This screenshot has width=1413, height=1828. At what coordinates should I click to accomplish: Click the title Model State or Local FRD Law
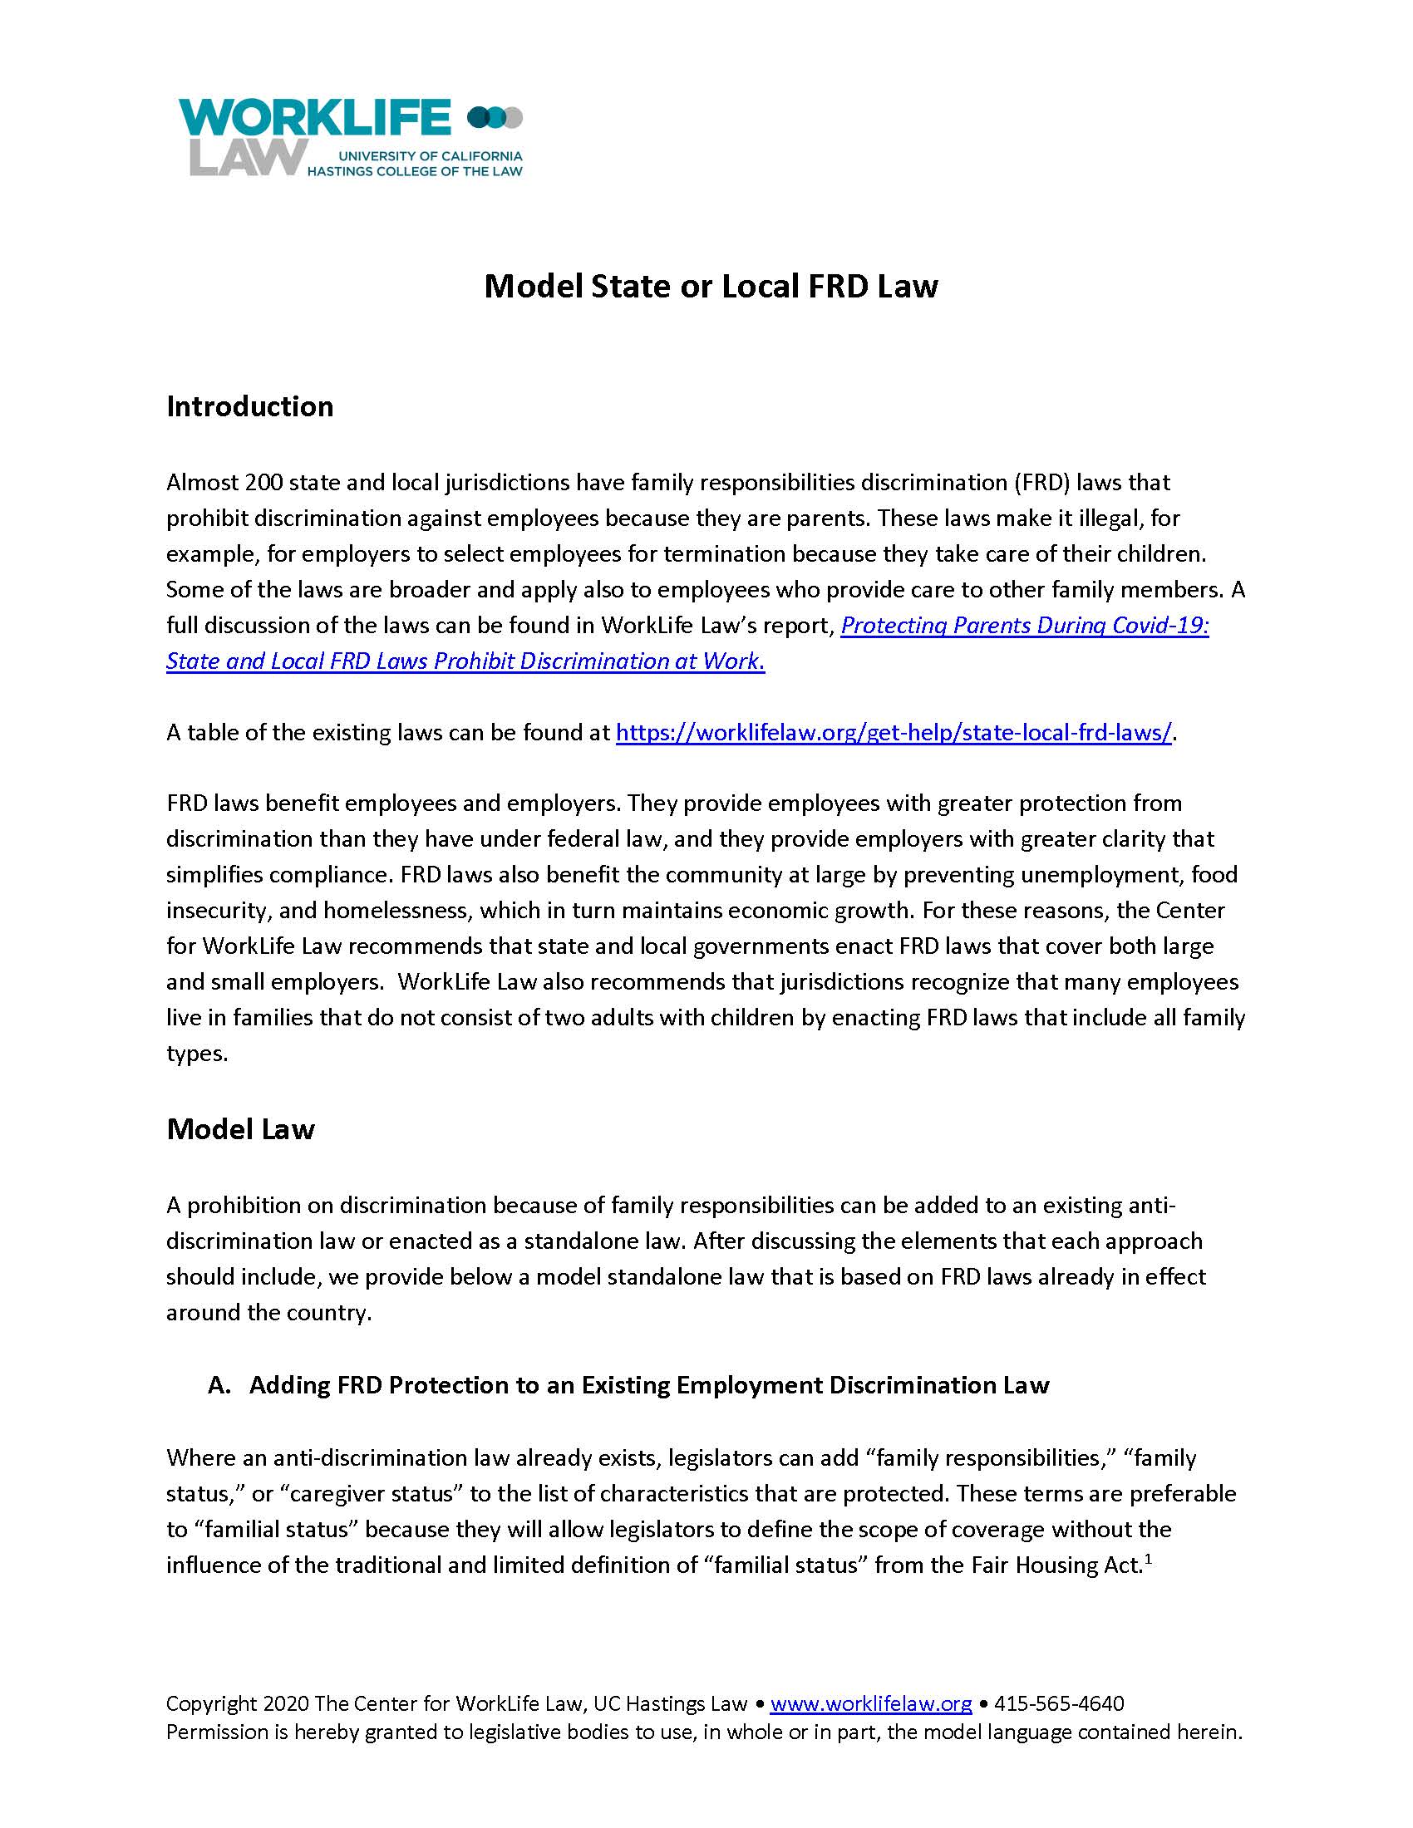(x=711, y=287)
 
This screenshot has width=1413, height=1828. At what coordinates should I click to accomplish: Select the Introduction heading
(x=249, y=407)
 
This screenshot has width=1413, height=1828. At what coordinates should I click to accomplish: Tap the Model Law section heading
(x=240, y=1129)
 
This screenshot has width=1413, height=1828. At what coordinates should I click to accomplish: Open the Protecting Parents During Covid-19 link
(x=1024, y=626)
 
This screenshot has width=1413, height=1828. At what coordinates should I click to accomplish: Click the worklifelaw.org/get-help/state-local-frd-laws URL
(x=894, y=733)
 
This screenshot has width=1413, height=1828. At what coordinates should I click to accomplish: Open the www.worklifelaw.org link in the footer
(x=870, y=1703)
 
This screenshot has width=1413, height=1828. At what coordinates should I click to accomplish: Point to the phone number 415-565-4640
(x=1059, y=1703)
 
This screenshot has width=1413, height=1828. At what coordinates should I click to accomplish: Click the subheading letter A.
(x=219, y=1385)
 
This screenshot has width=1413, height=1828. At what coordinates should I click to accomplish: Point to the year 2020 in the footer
(x=285, y=1703)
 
